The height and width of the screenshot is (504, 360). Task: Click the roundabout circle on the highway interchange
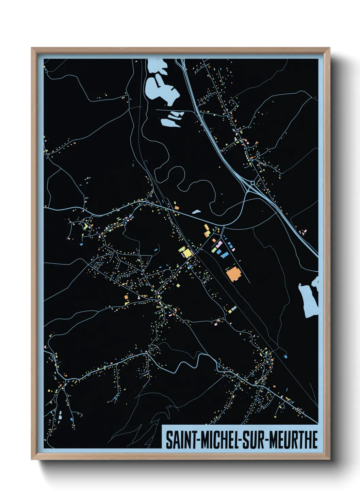point(253,183)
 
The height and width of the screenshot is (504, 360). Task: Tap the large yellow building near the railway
point(187,253)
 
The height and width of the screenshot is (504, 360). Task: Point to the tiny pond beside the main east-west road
point(196,212)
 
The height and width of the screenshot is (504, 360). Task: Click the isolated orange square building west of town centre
point(126,297)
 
